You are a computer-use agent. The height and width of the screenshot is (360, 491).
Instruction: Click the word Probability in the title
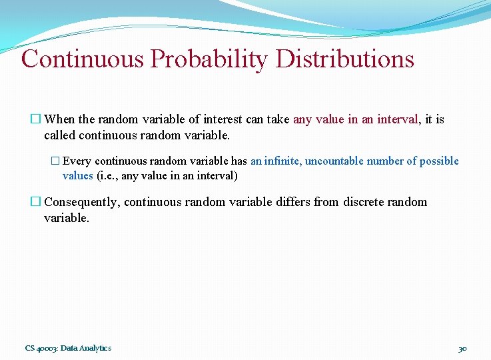coord(210,59)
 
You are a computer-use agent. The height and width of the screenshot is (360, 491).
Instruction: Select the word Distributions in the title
coord(344,59)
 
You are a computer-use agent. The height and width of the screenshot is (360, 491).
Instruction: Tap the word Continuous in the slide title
coord(83,59)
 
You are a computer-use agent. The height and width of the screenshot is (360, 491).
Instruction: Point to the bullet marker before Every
coord(55,161)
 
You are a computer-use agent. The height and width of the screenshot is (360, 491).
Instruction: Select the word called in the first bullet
coord(59,135)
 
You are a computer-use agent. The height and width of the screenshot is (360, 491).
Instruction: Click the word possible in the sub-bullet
coord(439,161)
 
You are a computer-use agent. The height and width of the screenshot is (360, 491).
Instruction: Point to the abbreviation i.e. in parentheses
coord(109,177)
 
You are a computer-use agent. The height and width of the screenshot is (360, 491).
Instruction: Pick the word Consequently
coord(81,203)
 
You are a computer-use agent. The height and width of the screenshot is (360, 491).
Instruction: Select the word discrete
coord(365,203)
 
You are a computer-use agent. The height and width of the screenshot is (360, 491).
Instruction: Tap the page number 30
coord(463,348)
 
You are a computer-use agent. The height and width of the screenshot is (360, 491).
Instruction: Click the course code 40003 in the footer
coord(47,348)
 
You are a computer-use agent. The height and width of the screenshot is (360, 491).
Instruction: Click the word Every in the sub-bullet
coord(77,161)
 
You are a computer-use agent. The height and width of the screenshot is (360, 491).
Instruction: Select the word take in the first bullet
coord(276,120)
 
